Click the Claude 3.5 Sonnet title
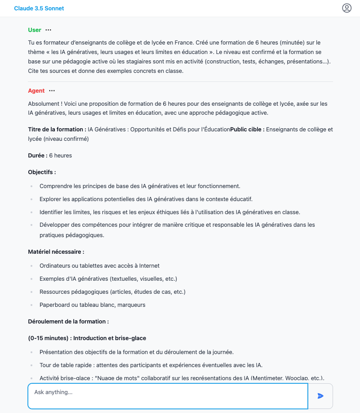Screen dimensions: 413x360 39,9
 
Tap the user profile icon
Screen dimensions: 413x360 347,8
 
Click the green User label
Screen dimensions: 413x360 35,30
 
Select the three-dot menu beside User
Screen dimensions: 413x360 49,30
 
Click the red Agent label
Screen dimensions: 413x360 36,91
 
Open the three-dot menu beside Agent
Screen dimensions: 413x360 52,91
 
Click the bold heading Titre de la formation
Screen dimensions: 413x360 57,130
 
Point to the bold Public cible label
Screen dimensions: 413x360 247,130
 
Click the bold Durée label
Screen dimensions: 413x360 38,156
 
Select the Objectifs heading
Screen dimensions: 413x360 42,172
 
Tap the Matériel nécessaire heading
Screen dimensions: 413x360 56,252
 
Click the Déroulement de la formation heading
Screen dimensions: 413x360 68,322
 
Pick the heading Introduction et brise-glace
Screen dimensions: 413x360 110,338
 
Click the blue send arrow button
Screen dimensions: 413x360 320,396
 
